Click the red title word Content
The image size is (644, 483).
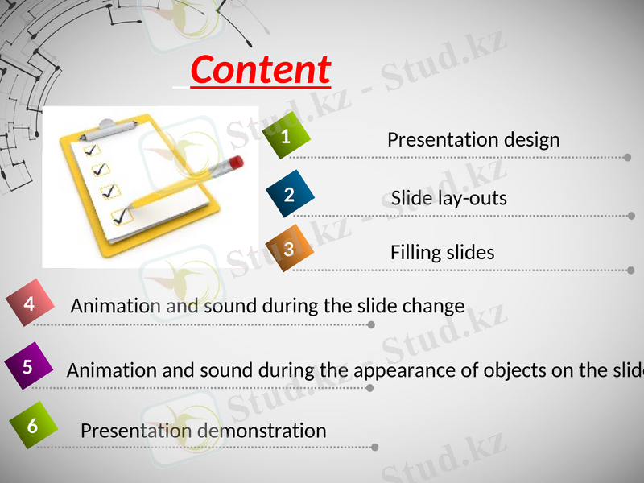point(260,70)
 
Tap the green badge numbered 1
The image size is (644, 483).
point(287,137)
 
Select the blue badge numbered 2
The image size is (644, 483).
point(289,194)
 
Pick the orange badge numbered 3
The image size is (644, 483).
point(288,249)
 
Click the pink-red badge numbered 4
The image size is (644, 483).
point(30,304)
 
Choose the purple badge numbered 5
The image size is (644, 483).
point(28,367)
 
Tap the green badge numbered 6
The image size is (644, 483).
point(32,425)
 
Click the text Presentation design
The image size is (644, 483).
point(473,139)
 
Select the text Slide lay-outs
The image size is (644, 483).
point(449,197)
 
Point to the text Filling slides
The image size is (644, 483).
point(442,252)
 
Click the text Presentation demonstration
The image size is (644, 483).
point(203,431)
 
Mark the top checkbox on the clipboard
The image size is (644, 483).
point(91,150)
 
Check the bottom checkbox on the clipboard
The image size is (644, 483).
point(121,216)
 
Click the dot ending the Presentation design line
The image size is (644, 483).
point(627,158)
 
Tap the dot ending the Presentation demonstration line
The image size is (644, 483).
point(374,447)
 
